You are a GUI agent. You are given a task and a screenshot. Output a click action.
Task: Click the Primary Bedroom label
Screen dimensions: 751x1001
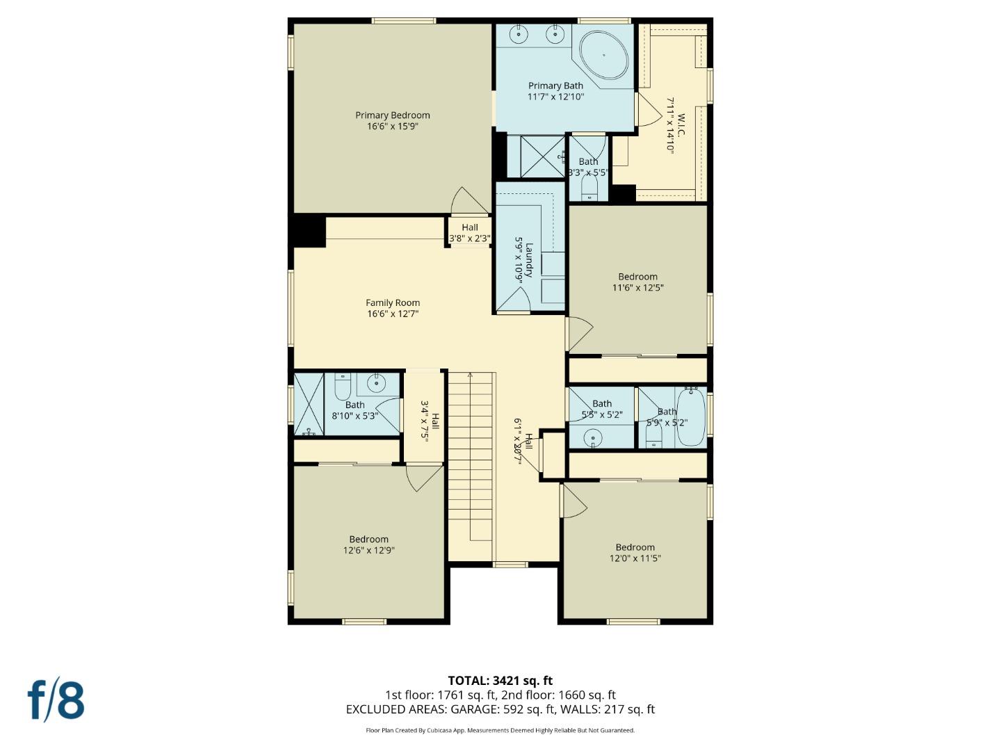[x=393, y=115]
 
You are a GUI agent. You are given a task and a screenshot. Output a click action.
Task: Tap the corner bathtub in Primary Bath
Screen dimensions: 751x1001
[x=603, y=55]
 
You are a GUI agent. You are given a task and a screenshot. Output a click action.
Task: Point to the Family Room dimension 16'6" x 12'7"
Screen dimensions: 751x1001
[x=393, y=314]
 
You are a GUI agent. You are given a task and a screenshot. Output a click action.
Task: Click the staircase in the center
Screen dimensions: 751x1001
[x=471, y=466]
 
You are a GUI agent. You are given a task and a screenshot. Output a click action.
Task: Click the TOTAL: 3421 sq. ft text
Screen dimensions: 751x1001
[x=500, y=681]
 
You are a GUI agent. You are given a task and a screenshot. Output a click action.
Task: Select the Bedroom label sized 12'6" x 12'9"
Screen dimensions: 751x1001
[x=368, y=539]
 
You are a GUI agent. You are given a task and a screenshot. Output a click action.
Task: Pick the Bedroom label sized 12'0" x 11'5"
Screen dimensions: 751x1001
[x=635, y=547]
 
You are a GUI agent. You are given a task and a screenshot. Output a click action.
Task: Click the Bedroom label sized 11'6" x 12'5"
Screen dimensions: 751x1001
[x=637, y=277]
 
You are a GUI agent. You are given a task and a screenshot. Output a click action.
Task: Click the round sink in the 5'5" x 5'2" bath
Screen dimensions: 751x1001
[x=592, y=437]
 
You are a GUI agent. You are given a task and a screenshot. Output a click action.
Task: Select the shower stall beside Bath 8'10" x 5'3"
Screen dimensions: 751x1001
[x=309, y=405]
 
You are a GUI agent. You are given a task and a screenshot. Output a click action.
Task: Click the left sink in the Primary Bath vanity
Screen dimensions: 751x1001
[x=519, y=33]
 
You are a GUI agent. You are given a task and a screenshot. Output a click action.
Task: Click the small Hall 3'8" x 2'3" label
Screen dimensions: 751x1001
[x=470, y=227]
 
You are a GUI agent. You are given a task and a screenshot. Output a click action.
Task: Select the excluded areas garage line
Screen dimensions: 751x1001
[x=500, y=709]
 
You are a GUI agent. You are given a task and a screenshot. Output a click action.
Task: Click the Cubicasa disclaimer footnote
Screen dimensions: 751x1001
[x=500, y=730]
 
